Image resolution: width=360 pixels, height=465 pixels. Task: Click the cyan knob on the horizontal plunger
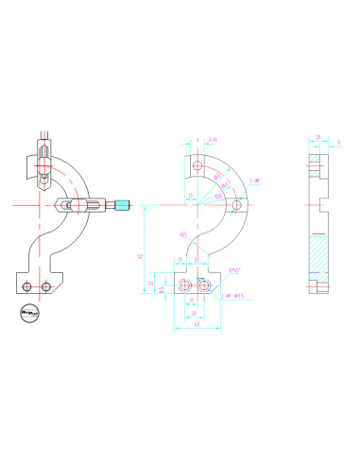[x=124, y=204]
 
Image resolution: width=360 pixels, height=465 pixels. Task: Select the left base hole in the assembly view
[x=29, y=285]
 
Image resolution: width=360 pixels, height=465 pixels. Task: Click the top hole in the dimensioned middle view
[x=197, y=166]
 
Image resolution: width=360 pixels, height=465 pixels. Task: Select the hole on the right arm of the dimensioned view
[x=240, y=203]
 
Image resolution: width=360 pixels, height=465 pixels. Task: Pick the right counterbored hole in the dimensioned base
[x=201, y=284]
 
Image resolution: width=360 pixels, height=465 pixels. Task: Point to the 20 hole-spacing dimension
[x=195, y=314]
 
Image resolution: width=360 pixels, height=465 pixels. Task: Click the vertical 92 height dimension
[x=141, y=255]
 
